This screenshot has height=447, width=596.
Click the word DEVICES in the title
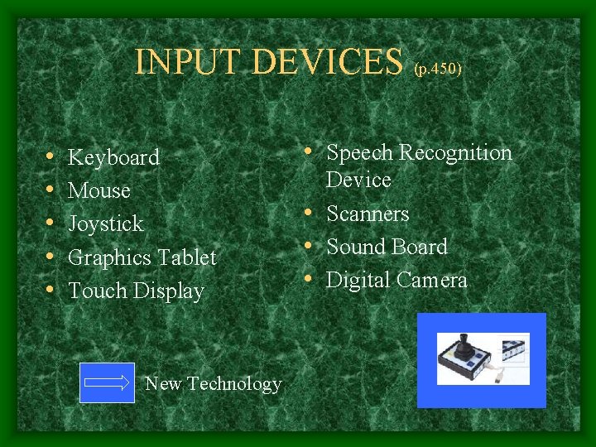(326, 61)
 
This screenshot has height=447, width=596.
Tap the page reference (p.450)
(437, 69)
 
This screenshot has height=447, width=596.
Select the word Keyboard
(113, 157)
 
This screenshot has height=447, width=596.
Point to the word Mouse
(99, 190)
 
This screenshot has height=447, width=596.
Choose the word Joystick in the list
(105, 224)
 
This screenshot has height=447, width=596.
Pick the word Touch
(93, 291)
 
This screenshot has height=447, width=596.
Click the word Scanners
(368, 214)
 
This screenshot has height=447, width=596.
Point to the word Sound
(353, 247)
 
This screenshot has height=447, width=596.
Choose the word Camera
(433, 280)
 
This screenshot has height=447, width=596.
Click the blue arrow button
(107, 382)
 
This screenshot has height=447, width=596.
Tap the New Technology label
(213, 383)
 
